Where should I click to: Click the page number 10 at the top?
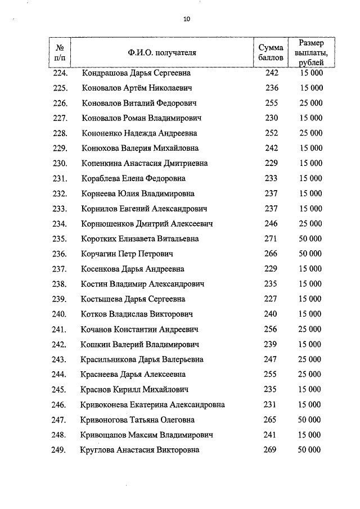pos(187,20)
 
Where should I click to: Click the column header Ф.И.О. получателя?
pos(162,53)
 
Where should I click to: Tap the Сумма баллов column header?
pos(271,53)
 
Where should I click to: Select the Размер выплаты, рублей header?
pos(311,52)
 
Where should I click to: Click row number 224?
pos(60,73)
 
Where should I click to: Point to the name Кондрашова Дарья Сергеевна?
pos(136,73)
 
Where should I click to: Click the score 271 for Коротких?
pos(272,238)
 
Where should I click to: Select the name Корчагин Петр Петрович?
pos(127,254)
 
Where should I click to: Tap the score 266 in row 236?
pos(272,254)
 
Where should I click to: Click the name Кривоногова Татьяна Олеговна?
pos(139,420)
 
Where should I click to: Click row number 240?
pos(60,314)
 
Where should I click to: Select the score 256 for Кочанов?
pos(272,329)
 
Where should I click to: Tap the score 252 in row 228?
pos(272,133)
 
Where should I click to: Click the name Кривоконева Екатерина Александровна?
pos(154,404)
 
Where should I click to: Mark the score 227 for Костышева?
pos(272,299)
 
